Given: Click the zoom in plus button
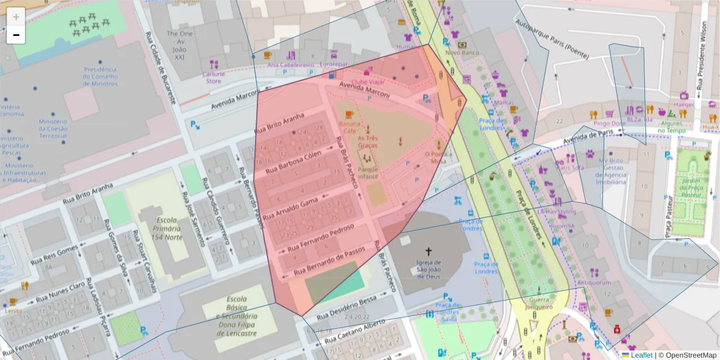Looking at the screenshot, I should (16, 17).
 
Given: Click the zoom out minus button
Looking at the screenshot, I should (16, 35).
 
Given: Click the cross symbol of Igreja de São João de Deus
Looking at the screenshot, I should (428, 251).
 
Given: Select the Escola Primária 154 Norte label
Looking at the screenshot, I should (159, 228).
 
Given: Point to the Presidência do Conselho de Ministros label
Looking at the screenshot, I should (101, 76).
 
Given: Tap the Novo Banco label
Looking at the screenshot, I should (461, 53).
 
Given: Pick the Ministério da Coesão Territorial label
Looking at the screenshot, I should (53, 128).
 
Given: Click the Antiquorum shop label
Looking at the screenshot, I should (593, 283).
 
